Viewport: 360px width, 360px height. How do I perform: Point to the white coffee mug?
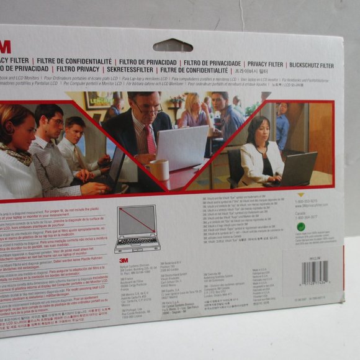click(x=160, y=169)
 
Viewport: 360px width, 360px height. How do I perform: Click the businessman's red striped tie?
click(x=150, y=140)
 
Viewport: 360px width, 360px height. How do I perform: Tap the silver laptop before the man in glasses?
click(x=182, y=148)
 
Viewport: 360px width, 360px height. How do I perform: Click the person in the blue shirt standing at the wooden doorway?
click(x=282, y=127)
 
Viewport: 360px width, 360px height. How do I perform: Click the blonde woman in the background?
click(x=194, y=112)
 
